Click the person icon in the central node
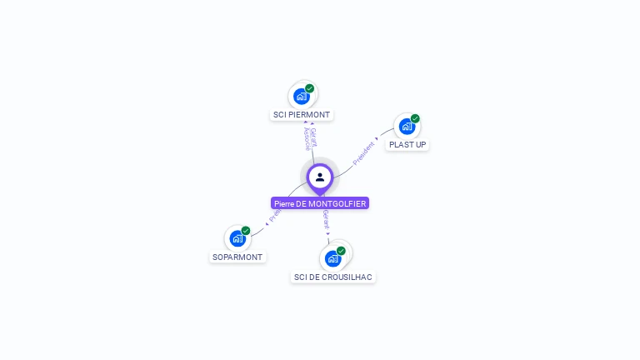[x=320, y=177]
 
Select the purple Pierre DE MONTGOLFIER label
[x=320, y=203]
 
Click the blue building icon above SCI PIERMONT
[x=301, y=96]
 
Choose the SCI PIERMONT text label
[x=302, y=115]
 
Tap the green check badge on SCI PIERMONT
[x=310, y=88]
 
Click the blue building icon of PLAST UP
[x=406, y=127]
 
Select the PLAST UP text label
[x=407, y=145]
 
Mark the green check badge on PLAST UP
[x=415, y=118]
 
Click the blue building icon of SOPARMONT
[x=237, y=239]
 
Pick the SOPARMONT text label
[x=237, y=257]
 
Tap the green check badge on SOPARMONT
[x=246, y=231]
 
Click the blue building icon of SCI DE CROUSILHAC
[x=332, y=258]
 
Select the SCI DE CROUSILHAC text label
[x=333, y=277]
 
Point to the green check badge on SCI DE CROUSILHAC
[x=341, y=251]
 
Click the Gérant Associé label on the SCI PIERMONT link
[x=309, y=138]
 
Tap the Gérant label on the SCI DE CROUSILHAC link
[x=326, y=221]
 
